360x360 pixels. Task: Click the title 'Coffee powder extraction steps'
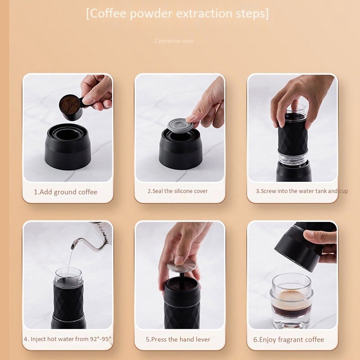[177, 13]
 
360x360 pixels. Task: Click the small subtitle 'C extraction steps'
[174, 41]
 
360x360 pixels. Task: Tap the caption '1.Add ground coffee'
[65, 192]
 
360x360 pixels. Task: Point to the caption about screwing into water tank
[298, 191]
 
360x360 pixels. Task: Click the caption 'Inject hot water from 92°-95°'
[67, 339]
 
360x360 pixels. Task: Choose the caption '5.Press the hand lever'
[178, 339]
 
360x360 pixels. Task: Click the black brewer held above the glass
[298, 247]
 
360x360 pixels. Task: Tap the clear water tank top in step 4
[68, 275]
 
